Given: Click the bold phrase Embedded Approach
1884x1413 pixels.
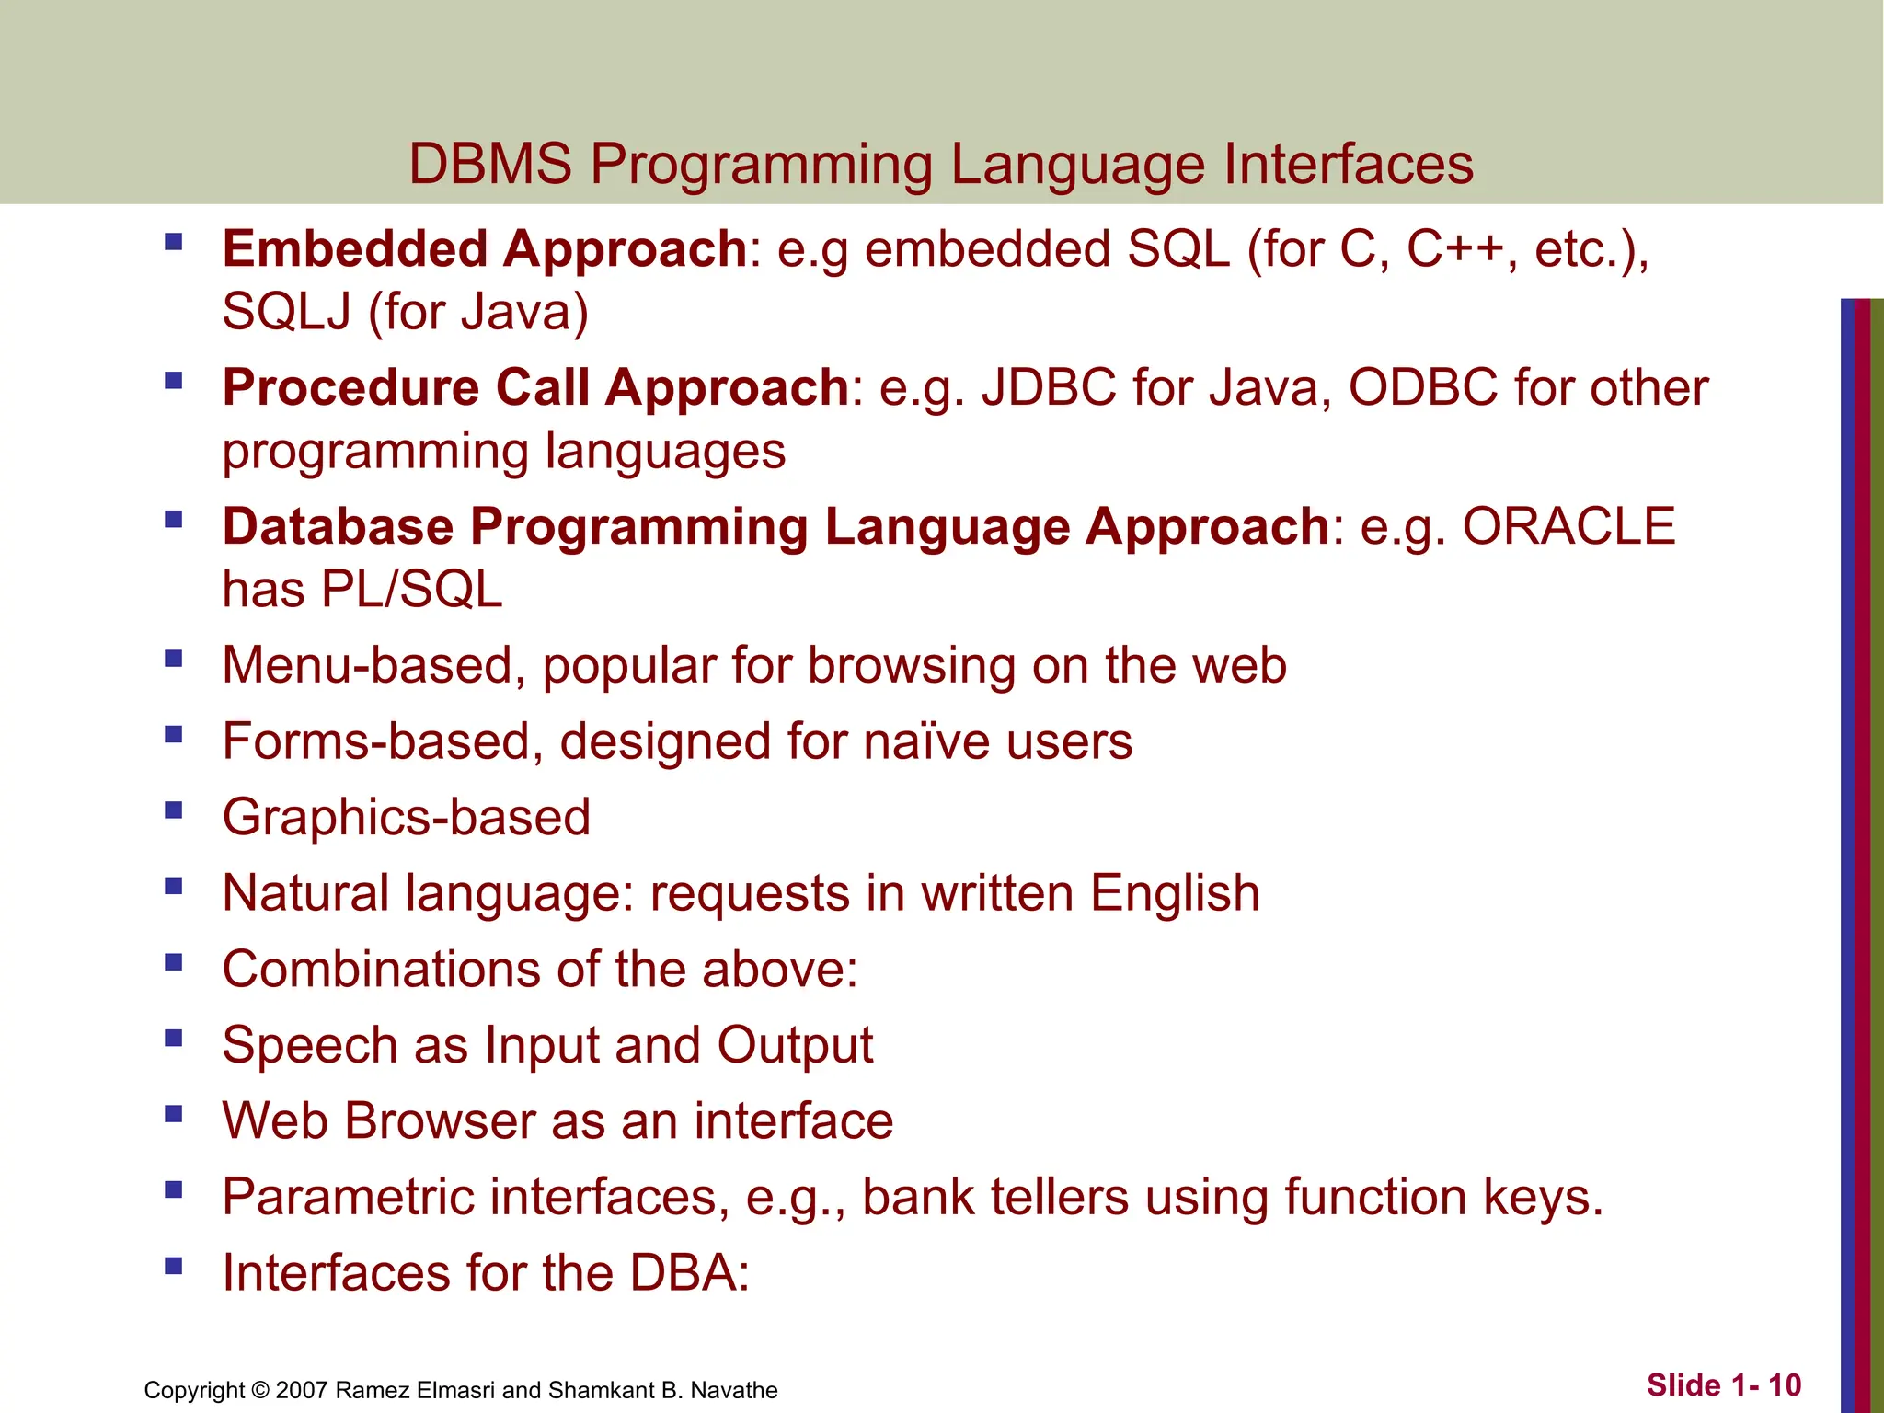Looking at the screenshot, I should click(x=484, y=249).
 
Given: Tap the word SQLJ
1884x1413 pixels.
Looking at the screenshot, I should click(x=286, y=312).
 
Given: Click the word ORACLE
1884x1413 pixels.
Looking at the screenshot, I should click(x=1568, y=526).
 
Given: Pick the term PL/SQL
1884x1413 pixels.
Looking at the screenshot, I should click(x=412, y=590).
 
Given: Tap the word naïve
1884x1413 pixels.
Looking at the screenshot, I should click(x=922, y=741).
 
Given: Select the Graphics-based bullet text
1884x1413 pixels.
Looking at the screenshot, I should click(x=406, y=818).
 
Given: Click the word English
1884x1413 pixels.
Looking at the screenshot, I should click(x=1175, y=893).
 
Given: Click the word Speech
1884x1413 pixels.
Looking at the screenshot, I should click(x=310, y=1046).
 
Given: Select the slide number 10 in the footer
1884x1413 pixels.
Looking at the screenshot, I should click(x=1784, y=1385).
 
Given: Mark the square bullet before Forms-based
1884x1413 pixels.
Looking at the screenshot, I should click(x=173, y=735).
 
